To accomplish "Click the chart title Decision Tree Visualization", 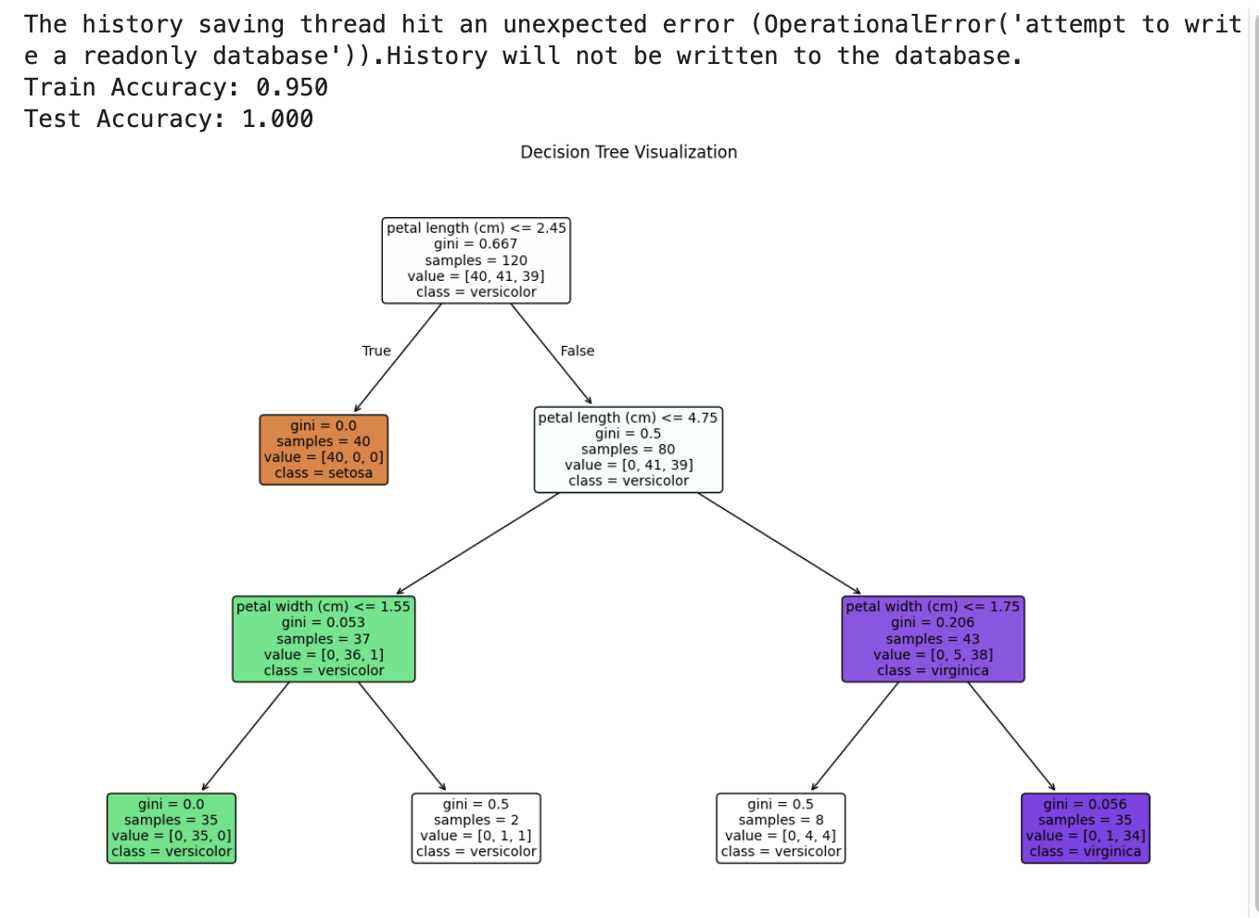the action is click(x=629, y=152).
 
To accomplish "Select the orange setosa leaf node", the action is click(x=324, y=450).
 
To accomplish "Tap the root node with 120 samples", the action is click(x=476, y=261).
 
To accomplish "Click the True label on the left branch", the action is click(x=376, y=351).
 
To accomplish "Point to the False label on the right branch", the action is click(x=578, y=351).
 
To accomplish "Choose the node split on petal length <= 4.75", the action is click(x=629, y=450).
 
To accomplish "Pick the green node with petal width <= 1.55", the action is click(x=324, y=639).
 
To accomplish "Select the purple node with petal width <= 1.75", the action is click(x=933, y=639).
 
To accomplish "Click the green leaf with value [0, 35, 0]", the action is click(x=172, y=828).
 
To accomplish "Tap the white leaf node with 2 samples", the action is click(x=476, y=828).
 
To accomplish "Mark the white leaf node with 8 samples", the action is click(x=781, y=828).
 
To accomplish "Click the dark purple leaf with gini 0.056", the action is click(x=1086, y=828).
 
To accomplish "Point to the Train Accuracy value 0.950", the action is click(x=292, y=88).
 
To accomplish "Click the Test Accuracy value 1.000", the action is click(x=277, y=120).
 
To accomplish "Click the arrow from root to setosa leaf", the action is click(x=398, y=358).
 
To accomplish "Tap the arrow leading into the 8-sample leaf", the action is click(x=855, y=736).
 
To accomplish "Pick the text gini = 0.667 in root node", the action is click(x=476, y=244).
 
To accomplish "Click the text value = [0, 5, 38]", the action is click(x=933, y=655).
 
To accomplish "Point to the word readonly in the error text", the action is click(x=140, y=57).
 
